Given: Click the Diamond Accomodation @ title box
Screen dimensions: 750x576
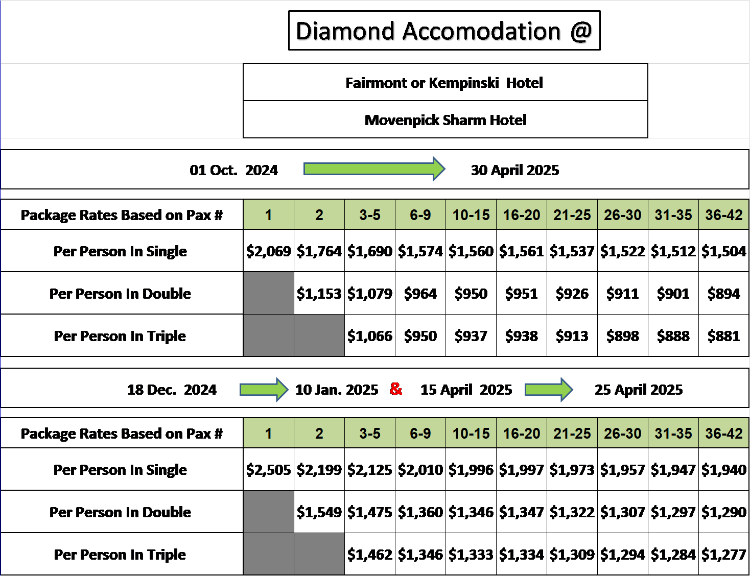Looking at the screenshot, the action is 444,30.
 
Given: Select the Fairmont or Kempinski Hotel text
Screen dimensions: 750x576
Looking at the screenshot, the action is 444,83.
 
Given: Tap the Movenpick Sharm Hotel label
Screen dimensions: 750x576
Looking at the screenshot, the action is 445,120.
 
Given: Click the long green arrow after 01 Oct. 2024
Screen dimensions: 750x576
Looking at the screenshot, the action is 374,169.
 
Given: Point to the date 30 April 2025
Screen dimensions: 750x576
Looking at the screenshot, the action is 515,170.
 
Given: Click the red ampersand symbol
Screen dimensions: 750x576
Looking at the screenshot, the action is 396,389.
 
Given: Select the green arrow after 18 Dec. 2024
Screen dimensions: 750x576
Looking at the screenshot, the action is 264,390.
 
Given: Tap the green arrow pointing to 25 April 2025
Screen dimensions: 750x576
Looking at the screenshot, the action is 549,390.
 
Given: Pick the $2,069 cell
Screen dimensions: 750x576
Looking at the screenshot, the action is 269,251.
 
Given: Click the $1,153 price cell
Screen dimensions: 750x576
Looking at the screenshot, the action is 319,293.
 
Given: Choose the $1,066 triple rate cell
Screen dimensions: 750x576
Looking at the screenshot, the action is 370,335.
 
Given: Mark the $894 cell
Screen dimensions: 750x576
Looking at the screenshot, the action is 724,293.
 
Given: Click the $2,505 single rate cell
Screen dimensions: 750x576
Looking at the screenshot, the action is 269,469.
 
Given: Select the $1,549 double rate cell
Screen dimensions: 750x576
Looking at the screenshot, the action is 319,512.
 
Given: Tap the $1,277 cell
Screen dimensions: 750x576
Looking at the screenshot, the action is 724,554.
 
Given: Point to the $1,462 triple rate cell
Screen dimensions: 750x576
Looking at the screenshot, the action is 370,554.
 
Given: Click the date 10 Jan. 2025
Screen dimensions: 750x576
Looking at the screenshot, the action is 337,390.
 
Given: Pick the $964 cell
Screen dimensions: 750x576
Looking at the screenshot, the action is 420,293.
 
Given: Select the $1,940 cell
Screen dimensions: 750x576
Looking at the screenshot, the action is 724,469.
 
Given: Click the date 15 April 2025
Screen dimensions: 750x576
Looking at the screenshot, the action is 466,390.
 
